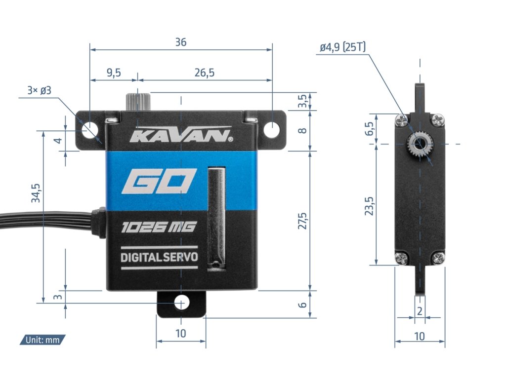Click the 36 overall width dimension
tap(181, 42)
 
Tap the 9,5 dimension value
tap(114, 73)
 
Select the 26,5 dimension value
tap(205, 73)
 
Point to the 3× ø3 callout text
tap(40, 91)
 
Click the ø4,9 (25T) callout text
tap(343, 47)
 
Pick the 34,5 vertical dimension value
tap(36, 193)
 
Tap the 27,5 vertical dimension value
tap(302, 221)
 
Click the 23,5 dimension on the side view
tap(369, 206)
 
